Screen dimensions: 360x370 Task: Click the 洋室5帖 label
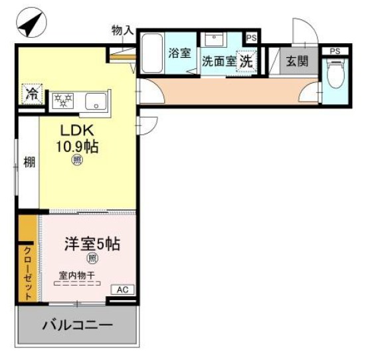point(92,244)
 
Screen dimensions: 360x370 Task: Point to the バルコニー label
point(78,325)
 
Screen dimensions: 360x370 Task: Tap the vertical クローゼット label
point(27,273)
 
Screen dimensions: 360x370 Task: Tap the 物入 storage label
point(122,31)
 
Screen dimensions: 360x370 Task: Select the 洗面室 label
point(219,60)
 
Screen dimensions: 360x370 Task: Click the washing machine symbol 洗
point(246,60)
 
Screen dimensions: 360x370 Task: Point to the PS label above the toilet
point(334,50)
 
